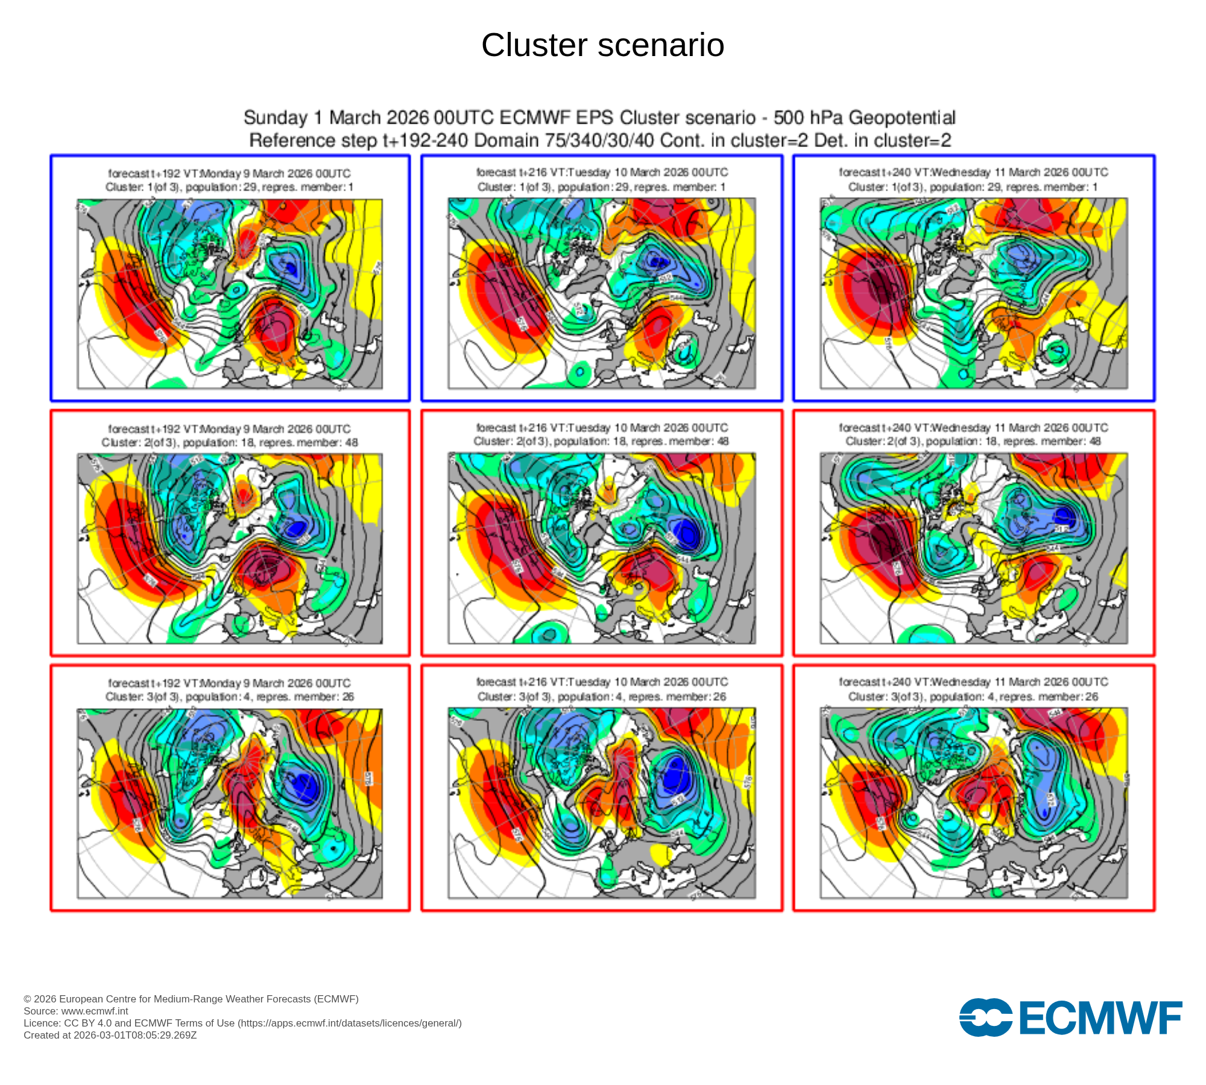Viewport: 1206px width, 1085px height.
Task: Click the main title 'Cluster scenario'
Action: pyautogui.click(x=602, y=45)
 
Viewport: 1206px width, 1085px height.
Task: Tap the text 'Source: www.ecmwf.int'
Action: pyautogui.click(x=76, y=1011)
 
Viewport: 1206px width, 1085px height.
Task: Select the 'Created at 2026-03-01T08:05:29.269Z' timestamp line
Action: pyautogui.click(x=110, y=1035)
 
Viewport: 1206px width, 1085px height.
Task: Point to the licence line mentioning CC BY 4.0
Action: pyautogui.click(x=242, y=1023)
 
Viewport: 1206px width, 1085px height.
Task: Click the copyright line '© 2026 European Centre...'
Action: pyautogui.click(x=191, y=999)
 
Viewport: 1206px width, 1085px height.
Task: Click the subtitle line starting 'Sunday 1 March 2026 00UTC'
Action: pyautogui.click(x=599, y=118)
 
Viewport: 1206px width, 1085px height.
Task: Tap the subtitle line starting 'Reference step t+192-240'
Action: pyautogui.click(x=599, y=140)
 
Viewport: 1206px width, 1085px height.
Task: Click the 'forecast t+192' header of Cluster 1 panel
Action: pyautogui.click(x=229, y=174)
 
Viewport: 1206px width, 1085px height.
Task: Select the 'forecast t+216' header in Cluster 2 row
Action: pyautogui.click(x=602, y=427)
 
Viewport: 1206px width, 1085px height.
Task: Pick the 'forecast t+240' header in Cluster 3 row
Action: pyautogui.click(x=973, y=682)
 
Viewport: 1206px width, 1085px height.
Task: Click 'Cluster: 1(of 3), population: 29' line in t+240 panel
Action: pyautogui.click(x=973, y=187)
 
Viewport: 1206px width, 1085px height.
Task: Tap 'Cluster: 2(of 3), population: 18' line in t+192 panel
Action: pyautogui.click(x=229, y=442)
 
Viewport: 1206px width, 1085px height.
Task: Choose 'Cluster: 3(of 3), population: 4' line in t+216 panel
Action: pyautogui.click(x=602, y=697)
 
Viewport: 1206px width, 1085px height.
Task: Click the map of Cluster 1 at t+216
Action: pyautogui.click(x=602, y=294)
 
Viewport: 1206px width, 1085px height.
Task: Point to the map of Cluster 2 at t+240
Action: pyautogui.click(x=973, y=549)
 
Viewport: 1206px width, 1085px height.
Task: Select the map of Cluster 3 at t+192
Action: pyautogui.click(x=229, y=804)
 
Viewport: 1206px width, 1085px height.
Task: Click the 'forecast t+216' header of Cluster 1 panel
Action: pyautogui.click(x=602, y=172)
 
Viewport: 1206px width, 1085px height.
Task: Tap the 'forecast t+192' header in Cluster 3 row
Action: pyautogui.click(x=229, y=683)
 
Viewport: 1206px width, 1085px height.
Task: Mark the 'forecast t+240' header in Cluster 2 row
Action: pyautogui.click(x=973, y=427)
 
